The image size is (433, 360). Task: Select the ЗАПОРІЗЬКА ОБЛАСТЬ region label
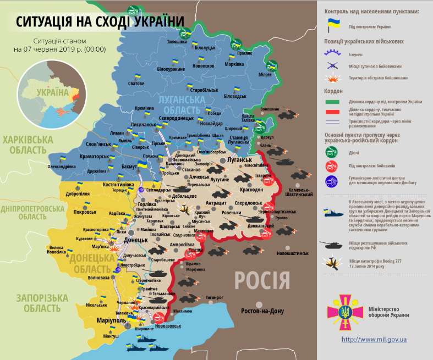point(42,303)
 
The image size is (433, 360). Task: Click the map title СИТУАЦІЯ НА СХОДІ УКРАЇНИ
point(100,21)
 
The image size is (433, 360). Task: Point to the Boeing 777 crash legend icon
point(333,262)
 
